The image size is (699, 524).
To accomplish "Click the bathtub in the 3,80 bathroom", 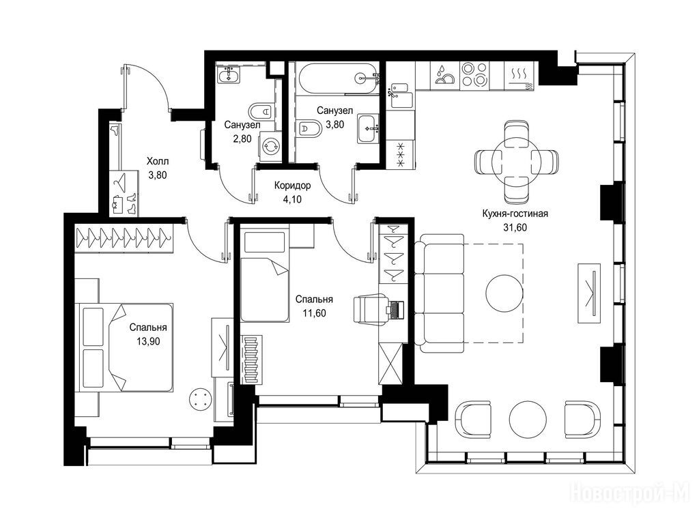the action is [x=338, y=78].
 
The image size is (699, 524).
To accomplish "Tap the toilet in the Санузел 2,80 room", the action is [x=260, y=111].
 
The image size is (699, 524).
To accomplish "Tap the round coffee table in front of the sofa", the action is [x=504, y=293].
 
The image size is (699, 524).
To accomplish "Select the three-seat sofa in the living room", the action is [x=439, y=293].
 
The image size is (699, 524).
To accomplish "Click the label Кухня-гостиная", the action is [x=515, y=214].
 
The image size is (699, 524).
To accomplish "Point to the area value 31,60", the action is [x=515, y=228].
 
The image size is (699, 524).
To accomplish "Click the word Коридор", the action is [x=292, y=186].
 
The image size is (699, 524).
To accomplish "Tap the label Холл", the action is [x=158, y=161].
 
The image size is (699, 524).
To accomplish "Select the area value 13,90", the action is [x=148, y=341].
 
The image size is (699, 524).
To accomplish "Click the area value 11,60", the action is [x=314, y=313].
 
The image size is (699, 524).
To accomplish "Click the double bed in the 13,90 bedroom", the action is [x=126, y=348].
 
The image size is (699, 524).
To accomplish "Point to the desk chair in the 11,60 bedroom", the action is [x=369, y=308].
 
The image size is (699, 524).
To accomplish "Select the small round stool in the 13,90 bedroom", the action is [x=199, y=398].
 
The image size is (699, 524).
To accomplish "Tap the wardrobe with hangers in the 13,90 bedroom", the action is [x=124, y=239].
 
